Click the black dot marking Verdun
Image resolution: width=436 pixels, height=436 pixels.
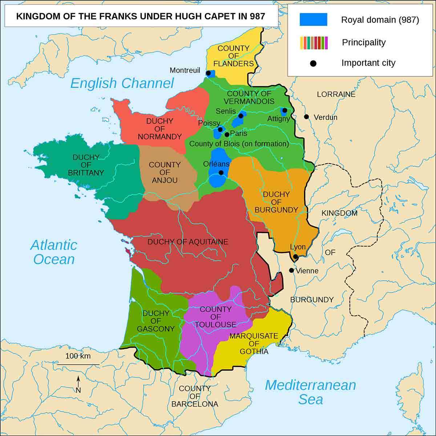pos(307,117)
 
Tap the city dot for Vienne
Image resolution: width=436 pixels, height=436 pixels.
pos(291,270)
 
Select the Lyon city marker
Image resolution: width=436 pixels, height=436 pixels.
pos(296,257)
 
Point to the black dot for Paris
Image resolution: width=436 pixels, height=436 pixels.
pos(227,134)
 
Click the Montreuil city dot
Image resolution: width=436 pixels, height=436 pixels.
pos(208,73)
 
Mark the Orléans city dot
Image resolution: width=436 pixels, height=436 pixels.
pos(221,173)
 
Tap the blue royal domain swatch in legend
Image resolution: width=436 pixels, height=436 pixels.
pos(313,20)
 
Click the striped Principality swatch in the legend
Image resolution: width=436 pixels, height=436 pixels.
pos(314,43)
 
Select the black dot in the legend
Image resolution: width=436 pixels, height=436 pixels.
pos(313,64)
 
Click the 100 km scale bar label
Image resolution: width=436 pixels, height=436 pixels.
pos(78,356)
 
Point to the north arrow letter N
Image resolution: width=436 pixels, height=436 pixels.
pos(78,391)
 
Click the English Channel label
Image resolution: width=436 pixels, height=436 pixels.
pos(122,83)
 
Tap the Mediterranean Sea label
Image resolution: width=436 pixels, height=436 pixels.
pos(310,392)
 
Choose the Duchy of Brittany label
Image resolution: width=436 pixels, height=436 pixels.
pos(86,165)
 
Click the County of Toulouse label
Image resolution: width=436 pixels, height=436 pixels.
pos(215,316)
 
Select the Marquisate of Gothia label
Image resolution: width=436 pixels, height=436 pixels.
pos(254,344)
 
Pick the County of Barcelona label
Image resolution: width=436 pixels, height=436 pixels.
pos(195,396)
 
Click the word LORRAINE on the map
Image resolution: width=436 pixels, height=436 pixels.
pos(336,94)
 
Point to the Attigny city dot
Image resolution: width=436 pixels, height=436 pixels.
pos(284,110)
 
